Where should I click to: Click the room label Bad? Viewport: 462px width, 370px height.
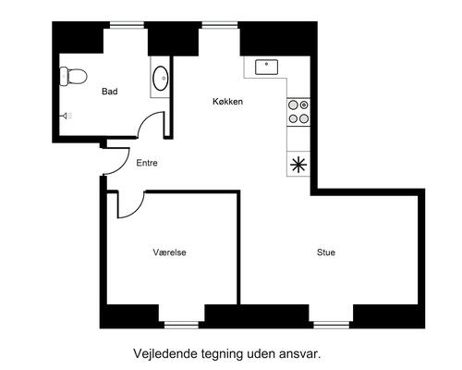(x=109, y=91)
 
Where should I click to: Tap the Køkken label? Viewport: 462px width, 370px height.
(x=227, y=102)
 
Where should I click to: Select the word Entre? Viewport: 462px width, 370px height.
(x=147, y=163)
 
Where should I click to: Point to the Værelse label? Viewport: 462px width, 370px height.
(x=171, y=251)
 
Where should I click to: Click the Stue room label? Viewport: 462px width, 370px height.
(x=325, y=251)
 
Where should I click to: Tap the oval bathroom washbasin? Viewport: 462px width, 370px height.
(x=160, y=78)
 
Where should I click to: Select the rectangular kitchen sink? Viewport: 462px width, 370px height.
(x=269, y=67)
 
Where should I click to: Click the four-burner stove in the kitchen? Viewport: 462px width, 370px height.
(x=298, y=112)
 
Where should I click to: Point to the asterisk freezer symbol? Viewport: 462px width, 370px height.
(x=298, y=166)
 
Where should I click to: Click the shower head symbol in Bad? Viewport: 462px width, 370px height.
(x=67, y=116)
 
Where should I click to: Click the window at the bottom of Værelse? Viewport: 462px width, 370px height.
(x=181, y=323)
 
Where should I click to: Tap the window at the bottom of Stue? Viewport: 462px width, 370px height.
(x=331, y=323)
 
